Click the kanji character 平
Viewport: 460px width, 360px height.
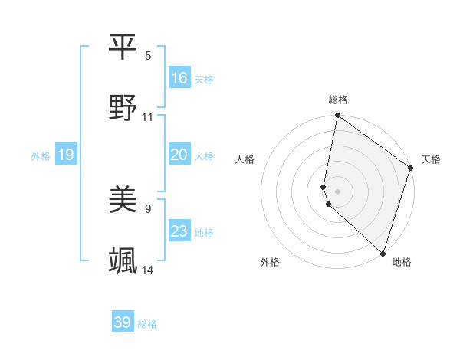click(123, 47)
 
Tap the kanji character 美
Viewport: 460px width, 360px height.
click(123, 200)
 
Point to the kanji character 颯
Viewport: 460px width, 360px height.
click(123, 261)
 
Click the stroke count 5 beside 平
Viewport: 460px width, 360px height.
click(148, 56)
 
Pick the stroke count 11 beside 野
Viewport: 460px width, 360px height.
click(148, 117)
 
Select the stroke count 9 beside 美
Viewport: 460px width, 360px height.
click(148, 208)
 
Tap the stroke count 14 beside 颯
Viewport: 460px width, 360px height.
click(148, 270)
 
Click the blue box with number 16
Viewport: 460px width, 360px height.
click(179, 78)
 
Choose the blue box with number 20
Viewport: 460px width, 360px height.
click(179, 155)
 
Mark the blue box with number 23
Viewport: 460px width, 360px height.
click(179, 231)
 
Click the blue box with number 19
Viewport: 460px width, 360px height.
click(66, 155)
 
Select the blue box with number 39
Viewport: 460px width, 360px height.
click(123, 322)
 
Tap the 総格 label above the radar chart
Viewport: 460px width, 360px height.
click(338, 100)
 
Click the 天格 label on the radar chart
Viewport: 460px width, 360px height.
click(431, 159)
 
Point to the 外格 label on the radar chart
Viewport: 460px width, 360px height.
click(270, 262)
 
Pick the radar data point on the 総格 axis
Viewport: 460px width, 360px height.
click(337, 116)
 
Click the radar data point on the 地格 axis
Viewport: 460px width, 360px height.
click(383, 253)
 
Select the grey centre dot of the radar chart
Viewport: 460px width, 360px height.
click(337, 190)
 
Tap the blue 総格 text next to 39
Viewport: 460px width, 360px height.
click(147, 324)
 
